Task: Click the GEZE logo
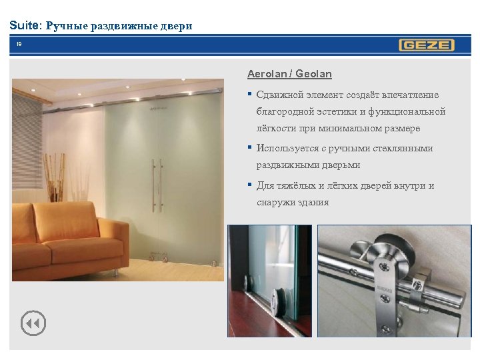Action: click(x=426, y=45)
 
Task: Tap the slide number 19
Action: click(x=19, y=45)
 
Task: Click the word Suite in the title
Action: click(x=25, y=26)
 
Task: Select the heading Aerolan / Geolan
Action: click(x=289, y=74)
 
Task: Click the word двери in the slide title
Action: click(x=176, y=27)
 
